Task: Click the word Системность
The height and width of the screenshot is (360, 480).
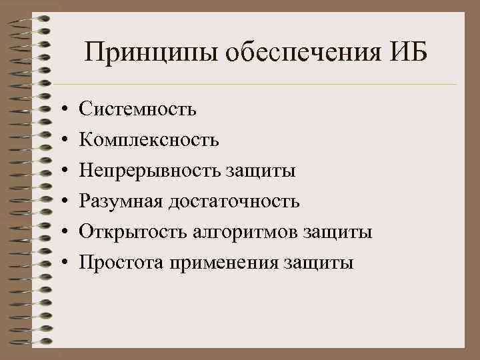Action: [x=138, y=108]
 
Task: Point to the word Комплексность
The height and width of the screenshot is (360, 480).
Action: [x=149, y=139]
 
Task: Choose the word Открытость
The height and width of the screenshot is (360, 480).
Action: [x=133, y=232]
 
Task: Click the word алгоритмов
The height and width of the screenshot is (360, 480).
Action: [x=246, y=232]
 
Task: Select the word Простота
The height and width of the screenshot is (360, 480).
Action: [x=122, y=263]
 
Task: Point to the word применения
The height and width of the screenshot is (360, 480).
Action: [x=225, y=263]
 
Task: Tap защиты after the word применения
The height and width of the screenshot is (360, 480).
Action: [x=319, y=263]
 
